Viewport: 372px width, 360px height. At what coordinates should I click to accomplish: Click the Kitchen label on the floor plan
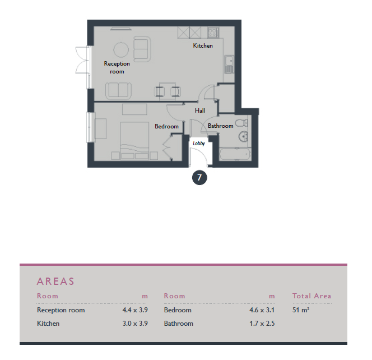[203, 45]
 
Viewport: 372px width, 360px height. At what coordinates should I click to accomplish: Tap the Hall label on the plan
[200, 110]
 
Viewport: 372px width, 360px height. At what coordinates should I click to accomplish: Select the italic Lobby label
[199, 144]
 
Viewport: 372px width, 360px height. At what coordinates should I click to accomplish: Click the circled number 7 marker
[199, 178]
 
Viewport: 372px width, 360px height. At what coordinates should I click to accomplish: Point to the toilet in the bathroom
[241, 123]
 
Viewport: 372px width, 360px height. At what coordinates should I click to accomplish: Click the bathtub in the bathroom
[235, 154]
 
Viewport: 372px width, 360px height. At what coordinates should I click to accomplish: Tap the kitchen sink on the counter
[229, 64]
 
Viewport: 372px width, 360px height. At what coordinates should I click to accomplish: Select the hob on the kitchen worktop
[213, 33]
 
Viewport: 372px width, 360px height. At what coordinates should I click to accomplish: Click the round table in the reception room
[121, 50]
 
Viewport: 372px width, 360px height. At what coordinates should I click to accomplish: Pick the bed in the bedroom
[134, 141]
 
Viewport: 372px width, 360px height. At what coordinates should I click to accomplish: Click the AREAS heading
[55, 281]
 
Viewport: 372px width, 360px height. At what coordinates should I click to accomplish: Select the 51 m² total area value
[301, 310]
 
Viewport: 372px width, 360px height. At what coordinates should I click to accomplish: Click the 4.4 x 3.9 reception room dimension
[135, 310]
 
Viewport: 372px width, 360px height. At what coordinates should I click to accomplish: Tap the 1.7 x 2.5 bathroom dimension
[262, 324]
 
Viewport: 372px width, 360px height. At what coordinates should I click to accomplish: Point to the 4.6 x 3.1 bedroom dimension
[262, 310]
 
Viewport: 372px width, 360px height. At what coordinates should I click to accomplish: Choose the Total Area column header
[311, 296]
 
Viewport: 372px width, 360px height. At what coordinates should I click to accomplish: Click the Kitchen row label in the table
[48, 324]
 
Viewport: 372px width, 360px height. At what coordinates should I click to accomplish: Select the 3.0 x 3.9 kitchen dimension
[135, 324]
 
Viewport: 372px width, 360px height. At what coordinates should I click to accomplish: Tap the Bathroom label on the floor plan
[220, 126]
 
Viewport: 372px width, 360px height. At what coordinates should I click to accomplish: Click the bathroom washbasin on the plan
[243, 136]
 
